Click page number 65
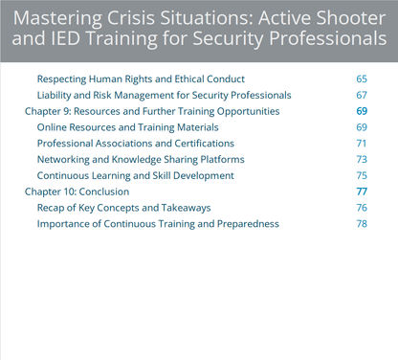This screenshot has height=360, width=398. (x=361, y=79)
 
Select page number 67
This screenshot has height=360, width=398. (x=361, y=95)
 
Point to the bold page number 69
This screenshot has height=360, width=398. (x=361, y=111)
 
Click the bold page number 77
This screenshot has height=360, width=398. (x=361, y=191)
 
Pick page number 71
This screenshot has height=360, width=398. (x=361, y=143)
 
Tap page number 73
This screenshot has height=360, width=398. (x=361, y=159)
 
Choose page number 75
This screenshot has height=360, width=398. (x=361, y=175)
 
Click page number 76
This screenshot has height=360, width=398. (x=361, y=208)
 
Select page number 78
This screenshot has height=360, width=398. (x=361, y=224)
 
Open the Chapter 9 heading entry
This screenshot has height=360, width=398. (x=151, y=111)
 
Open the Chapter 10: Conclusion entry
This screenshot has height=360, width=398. (x=77, y=191)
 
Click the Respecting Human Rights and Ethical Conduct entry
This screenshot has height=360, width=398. (x=141, y=79)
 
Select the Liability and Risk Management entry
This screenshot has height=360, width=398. (x=164, y=95)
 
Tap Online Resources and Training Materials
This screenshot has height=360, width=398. (x=128, y=126)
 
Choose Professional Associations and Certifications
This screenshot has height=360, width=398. (x=136, y=143)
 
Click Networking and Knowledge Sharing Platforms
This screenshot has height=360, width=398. (x=141, y=159)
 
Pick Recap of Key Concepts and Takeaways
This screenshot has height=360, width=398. (x=123, y=208)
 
